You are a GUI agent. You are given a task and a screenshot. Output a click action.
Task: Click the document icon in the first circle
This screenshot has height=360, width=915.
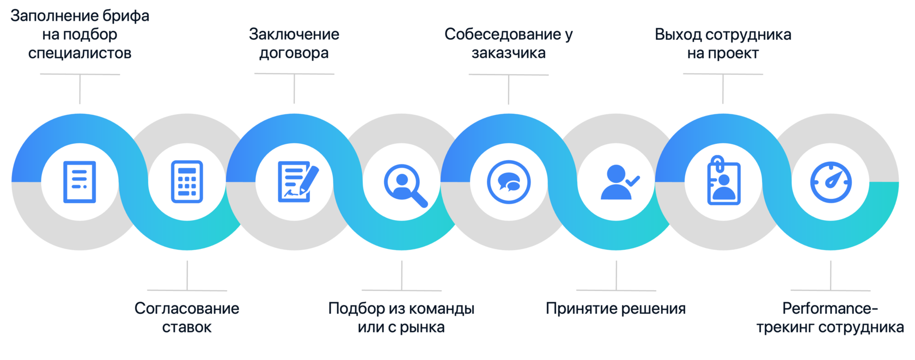click(80, 182)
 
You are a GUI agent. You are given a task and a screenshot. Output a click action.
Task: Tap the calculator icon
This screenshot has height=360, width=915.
click(187, 182)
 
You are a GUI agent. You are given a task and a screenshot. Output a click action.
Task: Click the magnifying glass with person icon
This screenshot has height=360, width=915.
click(404, 184)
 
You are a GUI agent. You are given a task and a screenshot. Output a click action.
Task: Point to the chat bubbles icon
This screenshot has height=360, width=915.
click(509, 182)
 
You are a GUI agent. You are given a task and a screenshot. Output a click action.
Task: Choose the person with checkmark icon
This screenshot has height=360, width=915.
click(619, 182)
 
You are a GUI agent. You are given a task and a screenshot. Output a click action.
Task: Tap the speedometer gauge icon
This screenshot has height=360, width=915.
click(831, 182)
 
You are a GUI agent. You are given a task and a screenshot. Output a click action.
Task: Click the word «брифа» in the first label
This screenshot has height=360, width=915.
click(125, 16)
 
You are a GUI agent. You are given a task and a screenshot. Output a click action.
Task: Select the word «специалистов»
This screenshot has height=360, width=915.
click(80, 53)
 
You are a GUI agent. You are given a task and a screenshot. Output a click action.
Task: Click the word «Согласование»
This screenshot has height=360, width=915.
click(187, 309)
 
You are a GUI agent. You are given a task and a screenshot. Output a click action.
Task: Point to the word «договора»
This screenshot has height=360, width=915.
click(294, 53)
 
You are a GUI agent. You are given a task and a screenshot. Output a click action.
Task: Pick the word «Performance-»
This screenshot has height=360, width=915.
click(830, 309)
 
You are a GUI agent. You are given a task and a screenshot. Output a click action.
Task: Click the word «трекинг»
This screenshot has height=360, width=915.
click(785, 328)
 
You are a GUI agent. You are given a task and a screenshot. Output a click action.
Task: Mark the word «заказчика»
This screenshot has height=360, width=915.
click(509, 53)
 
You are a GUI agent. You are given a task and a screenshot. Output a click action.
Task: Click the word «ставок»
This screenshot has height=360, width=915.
click(187, 328)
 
